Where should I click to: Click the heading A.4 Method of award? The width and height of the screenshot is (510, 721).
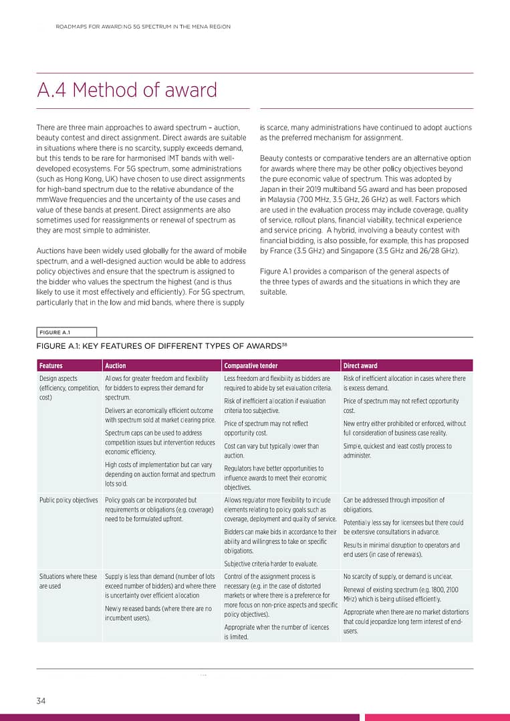point(127,90)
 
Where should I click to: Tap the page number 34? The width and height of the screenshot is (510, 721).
point(41,700)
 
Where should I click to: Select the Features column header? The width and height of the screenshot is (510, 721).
point(51,366)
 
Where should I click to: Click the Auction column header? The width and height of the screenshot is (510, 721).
point(116,366)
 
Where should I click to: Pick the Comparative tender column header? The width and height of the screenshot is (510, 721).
point(251,366)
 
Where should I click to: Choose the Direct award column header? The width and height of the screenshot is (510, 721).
point(360,366)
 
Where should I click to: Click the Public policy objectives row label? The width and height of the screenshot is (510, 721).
point(68,500)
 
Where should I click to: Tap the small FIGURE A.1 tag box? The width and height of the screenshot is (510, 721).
point(66,332)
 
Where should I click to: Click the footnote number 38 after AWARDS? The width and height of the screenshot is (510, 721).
point(284,343)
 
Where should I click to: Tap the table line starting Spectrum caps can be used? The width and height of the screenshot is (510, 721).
point(153,433)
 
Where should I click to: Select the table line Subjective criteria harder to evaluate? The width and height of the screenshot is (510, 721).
point(270,563)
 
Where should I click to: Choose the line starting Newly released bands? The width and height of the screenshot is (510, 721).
point(158,609)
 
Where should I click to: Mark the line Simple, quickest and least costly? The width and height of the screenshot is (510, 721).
point(397,446)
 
